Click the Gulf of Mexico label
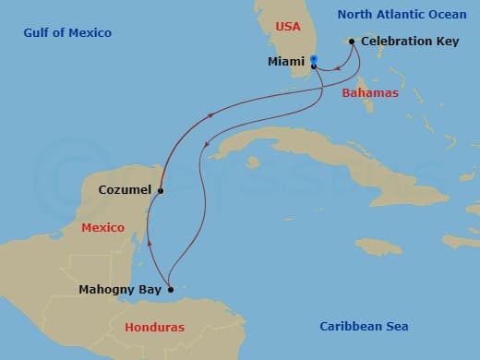pos(68,33)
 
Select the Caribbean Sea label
pos(364,326)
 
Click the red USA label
pos(288,27)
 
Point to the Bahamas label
pos(370,93)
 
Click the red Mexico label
pos(102,227)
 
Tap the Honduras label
pos(154,327)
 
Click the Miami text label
pos(287,62)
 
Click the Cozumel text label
pos(125,191)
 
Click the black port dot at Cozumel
pos(161,191)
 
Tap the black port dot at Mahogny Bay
pos(171,289)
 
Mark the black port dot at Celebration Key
pos(352,42)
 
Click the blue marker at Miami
pos(314,60)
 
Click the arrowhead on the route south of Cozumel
pos(149,242)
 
